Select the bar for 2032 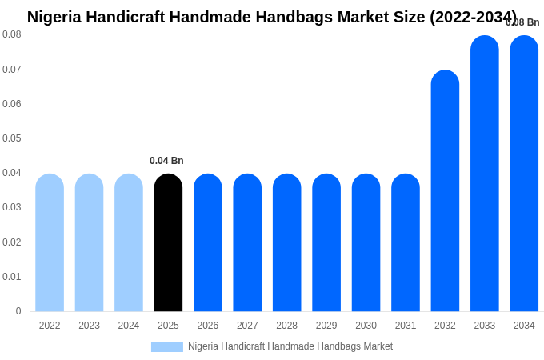(445, 191)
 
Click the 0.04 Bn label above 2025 (166, 161)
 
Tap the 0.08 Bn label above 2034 (522, 22)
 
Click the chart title (272, 17)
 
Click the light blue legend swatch (167, 347)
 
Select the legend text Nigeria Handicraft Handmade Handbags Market (290, 346)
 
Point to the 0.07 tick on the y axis (12, 70)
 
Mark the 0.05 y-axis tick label (12, 138)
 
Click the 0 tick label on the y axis (18, 311)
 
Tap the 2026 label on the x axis (208, 326)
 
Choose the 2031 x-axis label (406, 326)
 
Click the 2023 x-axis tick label (89, 326)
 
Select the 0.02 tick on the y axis (12, 242)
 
